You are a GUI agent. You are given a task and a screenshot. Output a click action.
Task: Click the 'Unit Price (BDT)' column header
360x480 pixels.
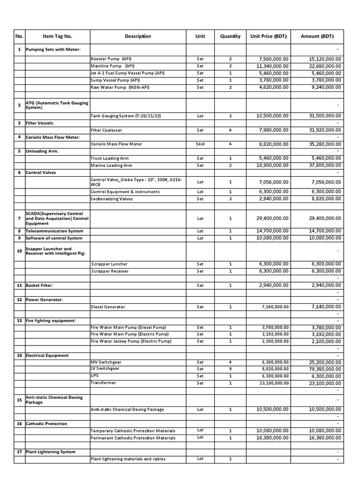(269, 36)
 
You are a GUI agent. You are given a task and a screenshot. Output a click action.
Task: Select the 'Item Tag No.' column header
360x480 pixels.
(57, 36)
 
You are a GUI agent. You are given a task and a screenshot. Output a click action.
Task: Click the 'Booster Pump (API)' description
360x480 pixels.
(111, 59)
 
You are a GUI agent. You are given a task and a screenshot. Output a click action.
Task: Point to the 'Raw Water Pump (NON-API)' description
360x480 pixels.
(115, 87)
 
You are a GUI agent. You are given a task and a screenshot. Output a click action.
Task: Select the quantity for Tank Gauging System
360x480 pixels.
(230, 116)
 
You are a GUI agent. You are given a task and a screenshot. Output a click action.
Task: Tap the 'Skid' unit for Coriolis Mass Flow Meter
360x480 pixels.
(200, 144)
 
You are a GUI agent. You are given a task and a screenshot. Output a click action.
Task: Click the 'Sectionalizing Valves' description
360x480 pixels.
(112, 199)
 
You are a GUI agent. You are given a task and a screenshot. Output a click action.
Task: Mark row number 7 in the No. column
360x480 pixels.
(19, 218)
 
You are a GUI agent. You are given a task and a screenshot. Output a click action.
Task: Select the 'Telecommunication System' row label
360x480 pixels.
(54, 231)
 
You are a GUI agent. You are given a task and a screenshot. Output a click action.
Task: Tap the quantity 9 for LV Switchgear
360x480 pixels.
(230, 369)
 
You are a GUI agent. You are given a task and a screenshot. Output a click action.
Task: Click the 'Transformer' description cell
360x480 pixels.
(104, 383)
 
